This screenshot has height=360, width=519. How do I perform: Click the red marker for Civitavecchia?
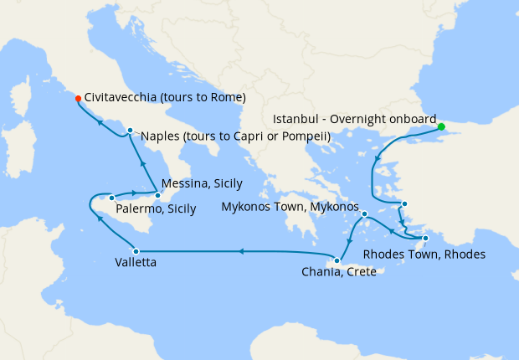pyautogui.click(x=78, y=98)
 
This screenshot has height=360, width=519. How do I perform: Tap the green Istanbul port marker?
pyautogui.click(x=441, y=127)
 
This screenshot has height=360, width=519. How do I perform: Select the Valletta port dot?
pyautogui.click(x=134, y=250)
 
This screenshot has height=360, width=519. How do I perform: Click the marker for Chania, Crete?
pyautogui.click(x=336, y=261)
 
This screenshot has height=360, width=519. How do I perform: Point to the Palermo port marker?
pyautogui.click(x=111, y=198)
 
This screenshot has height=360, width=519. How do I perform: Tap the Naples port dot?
pyautogui.click(x=130, y=130)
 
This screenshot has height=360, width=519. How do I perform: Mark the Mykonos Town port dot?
pyautogui.click(x=365, y=214)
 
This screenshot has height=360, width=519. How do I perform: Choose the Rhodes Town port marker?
pyautogui.click(x=425, y=239)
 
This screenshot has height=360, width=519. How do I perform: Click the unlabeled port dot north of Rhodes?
pyautogui.click(x=404, y=204)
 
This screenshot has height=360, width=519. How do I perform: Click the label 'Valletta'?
pyautogui.click(x=135, y=263)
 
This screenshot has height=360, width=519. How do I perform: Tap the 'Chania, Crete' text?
pyautogui.click(x=338, y=272)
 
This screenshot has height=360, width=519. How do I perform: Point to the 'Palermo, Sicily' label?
pyautogui.click(x=157, y=209)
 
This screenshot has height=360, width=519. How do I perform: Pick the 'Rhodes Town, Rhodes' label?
pyautogui.click(x=424, y=254)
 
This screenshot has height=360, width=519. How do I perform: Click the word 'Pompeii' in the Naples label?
pyautogui.click(x=306, y=136)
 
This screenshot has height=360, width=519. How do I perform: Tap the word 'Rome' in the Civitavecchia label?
pyautogui.click(x=227, y=97)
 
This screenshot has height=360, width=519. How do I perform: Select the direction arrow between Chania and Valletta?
pyautogui.click(x=241, y=250)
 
